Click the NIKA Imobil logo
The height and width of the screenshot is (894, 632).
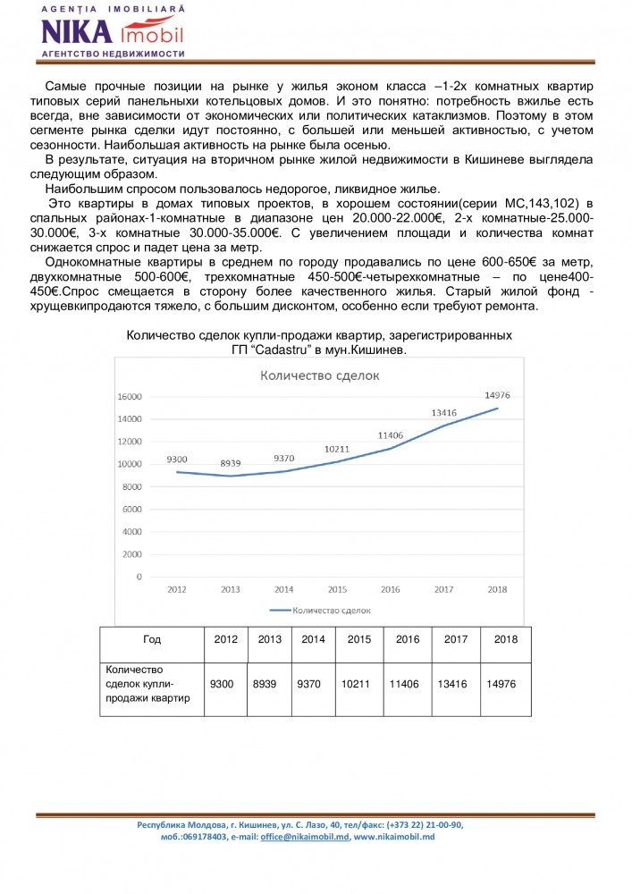tap(113, 31)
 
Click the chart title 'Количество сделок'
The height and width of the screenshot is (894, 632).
tap(319, 375)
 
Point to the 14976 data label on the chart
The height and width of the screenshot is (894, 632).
tap(496, 396)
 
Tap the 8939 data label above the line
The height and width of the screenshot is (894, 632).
tap(230, 462)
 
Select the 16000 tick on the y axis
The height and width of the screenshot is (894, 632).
tap(131, 396)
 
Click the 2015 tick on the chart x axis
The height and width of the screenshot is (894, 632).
tap(337, 590)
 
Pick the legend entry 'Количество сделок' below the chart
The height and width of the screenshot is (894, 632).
tap(320, 610)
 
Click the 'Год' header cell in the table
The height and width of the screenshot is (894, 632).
tap(152, 639)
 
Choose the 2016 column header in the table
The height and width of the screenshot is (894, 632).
tap(407, 639)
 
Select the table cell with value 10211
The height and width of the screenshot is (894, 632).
tap(358, 684)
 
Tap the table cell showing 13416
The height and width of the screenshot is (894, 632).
tap(455, 684)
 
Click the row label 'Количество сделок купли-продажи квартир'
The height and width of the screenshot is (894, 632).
tap(148, 684)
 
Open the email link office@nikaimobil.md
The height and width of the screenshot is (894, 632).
tap(304, 837)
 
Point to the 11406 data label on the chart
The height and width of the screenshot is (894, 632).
tap(390, 435)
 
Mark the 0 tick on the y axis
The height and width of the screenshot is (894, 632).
tap(139, 577)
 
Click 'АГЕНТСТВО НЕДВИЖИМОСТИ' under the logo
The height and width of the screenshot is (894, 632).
tap(113, 54)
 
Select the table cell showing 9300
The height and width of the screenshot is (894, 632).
tap(221, 684)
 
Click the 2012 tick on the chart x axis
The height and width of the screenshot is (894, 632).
tap(176, 590)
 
